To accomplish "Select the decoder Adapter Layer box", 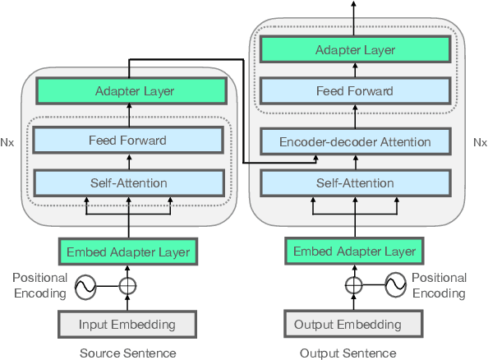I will click(x=355, y=50).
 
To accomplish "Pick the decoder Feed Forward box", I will click(x=355, y=91).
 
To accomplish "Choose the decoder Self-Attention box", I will click(x=355, y=182).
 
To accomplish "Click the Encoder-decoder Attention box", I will click(x=355, y=141).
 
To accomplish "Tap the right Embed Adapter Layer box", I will click(x=355, y=252).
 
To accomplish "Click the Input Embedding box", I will click(x=127, y=324).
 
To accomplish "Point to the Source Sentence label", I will click(x=127, y=353).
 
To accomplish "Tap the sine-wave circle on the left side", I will click(x=85, y=287).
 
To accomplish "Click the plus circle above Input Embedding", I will click(x=127, y=287).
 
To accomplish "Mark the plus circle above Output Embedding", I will click(x=354, y=286).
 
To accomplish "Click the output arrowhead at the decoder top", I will click(x=354, y=4).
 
